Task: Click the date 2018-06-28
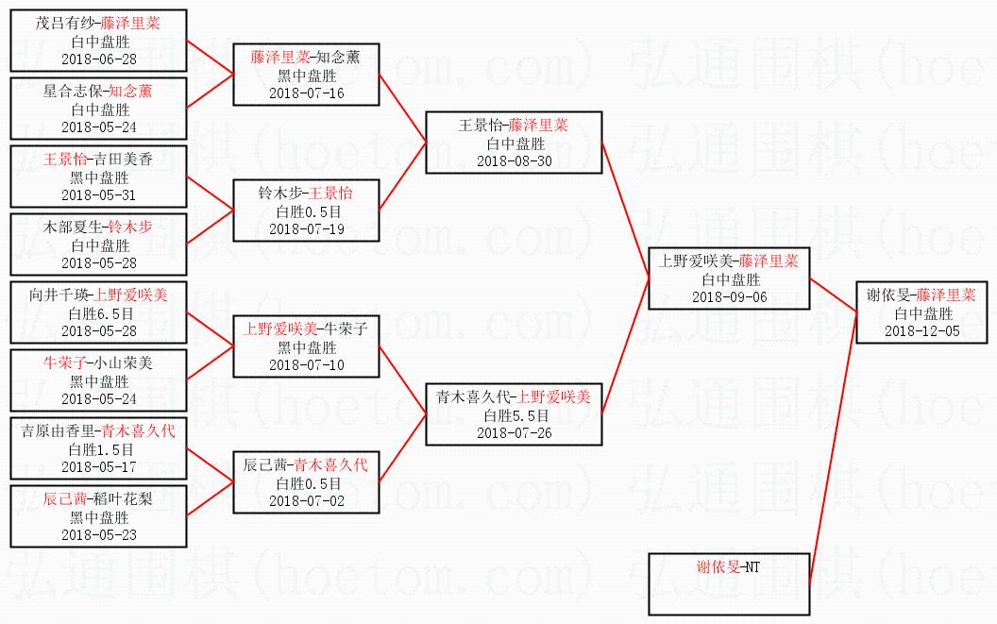click(x=99, y=59)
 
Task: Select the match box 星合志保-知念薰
click(x=99, y=109)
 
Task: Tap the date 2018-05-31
click(x=99, y=194)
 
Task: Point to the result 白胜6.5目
click(x=99, y=313)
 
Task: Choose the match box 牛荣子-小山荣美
click(x=99, y=380)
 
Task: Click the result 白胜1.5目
click(x=99, y=449)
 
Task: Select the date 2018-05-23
click(x=99, y=534)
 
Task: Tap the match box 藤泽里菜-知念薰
click(x=306, y=75)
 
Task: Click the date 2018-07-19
click(x=306, y=228)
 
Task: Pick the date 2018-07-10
click(x=306, y=364)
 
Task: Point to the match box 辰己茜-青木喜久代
click(x=306, y=482)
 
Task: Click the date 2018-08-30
click(x=515, y=160)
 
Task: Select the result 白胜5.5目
click(x=515, y=415)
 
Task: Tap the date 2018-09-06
click(x=729, y=296)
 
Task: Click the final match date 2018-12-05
click(x=922, y=330)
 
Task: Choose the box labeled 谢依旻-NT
click(x=729, y=584)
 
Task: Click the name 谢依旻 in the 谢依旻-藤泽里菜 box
click(x=888, y=295)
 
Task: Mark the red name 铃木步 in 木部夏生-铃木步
click(x=130, y=227)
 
